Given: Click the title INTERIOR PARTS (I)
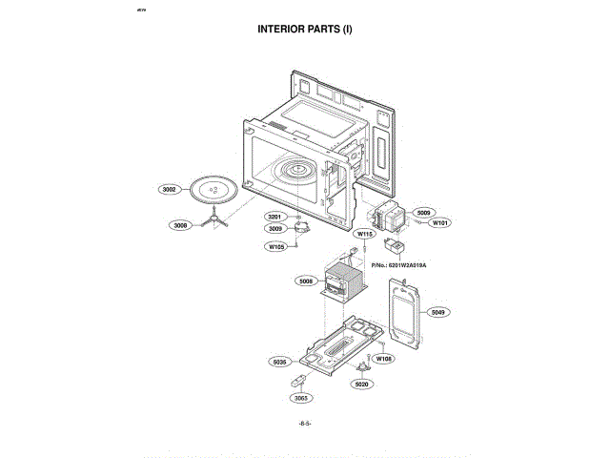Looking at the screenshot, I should pyautogui.click(x=305, y=29).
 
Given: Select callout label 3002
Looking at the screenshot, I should pyautogui.click(x=170, y=190).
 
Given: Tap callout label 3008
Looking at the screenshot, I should pyautogui.click(x=180, y=226).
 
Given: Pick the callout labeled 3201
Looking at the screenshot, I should pyautogui.click(x=274, y=218).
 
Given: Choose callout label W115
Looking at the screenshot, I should pyautogui.click(x=364, y=234).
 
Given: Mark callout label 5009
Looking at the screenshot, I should pyautogui.click(x=424, y=213).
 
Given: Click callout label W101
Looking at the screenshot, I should pyautogui.click(x=439, y=223).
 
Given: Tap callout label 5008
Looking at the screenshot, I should pyautogui.click(x=306, y=281).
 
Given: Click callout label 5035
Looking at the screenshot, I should pyautogui.click(x=279, y=362).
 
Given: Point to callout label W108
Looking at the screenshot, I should pyautogui.click(x=383, y=359).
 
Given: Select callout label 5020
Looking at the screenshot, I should pyautogui.click(x=361, y=384).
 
